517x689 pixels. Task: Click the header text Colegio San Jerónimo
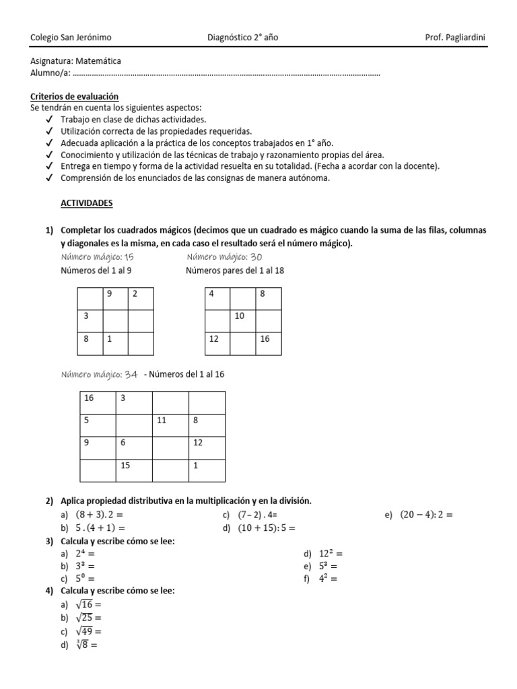click(x=71, y=37)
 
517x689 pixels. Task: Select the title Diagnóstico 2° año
click(x=242, y=37)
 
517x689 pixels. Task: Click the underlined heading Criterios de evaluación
click(x=75, y=97)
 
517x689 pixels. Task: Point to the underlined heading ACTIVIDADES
click(x=87, y=203)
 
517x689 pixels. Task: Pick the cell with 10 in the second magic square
click(x=242, y=316)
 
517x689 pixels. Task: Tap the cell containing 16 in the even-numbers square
click(x=268, y=339)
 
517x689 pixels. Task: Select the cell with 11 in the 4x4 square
click(x=171, y=421)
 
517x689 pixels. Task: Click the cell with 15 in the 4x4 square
click(x=135, y=466)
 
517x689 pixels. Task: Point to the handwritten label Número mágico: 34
click(x=100, y=374)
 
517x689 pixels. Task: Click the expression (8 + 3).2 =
click(x=103, y=515)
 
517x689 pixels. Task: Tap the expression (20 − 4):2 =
click(x=426, y=515)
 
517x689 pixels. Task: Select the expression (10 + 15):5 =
click(x=266, y=528)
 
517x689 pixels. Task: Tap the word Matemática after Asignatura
click(x=99, y=61)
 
